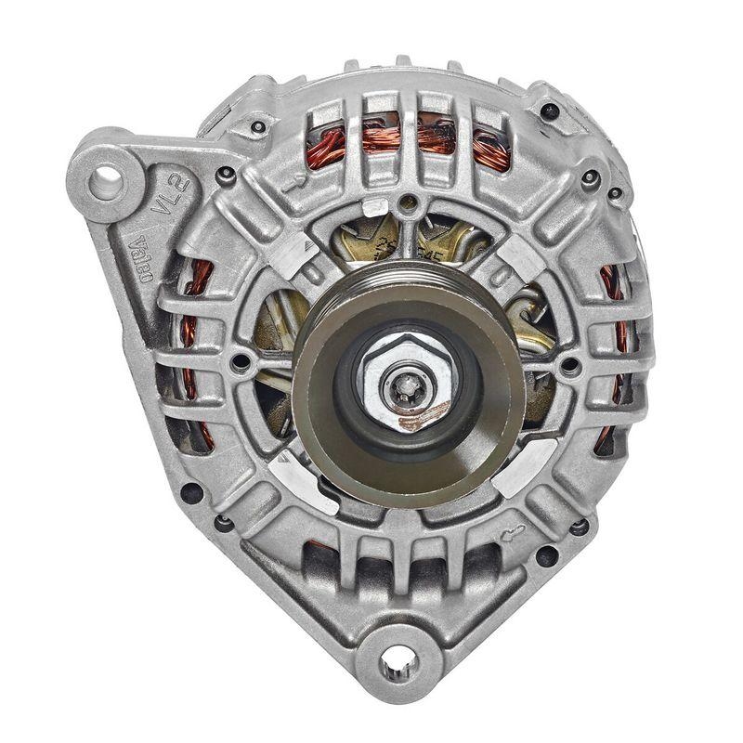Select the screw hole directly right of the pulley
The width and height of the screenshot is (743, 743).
coord(568,365)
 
